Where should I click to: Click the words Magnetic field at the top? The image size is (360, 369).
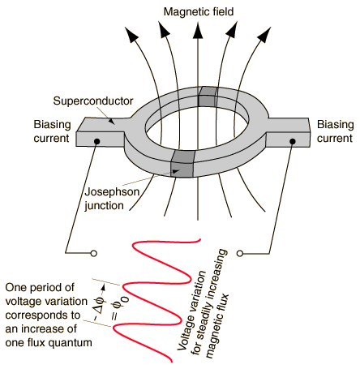[x=199, y=12]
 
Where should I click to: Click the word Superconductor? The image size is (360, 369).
[x=93, y=101]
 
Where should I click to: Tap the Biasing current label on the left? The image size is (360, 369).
[x=52, y=131]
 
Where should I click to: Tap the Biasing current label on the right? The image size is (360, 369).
[x=335, y=131]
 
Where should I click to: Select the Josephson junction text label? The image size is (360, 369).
[x=112, y=199]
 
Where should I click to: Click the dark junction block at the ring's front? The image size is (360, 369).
[x=183, y=164]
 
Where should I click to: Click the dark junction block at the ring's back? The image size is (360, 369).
[x=208, y=97]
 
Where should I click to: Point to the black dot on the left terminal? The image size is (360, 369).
[x=97, y=141]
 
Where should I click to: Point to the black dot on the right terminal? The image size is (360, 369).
[x=293, y=141]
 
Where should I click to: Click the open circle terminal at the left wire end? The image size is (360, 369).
[x=94, y=254]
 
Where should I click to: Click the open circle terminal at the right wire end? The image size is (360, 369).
[x=239, y=253]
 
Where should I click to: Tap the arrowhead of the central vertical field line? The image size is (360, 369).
[x=199, y=31]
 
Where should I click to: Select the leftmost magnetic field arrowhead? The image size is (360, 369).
[x=132, y=34]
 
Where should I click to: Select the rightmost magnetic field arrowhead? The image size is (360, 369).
[x=264, y=34]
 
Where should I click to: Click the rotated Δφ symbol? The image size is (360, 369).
[x=100, y=307]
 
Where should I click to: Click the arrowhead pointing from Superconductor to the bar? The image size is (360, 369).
[x=111, y=122]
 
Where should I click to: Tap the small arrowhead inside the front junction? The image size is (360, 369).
[x=176, y=171]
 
